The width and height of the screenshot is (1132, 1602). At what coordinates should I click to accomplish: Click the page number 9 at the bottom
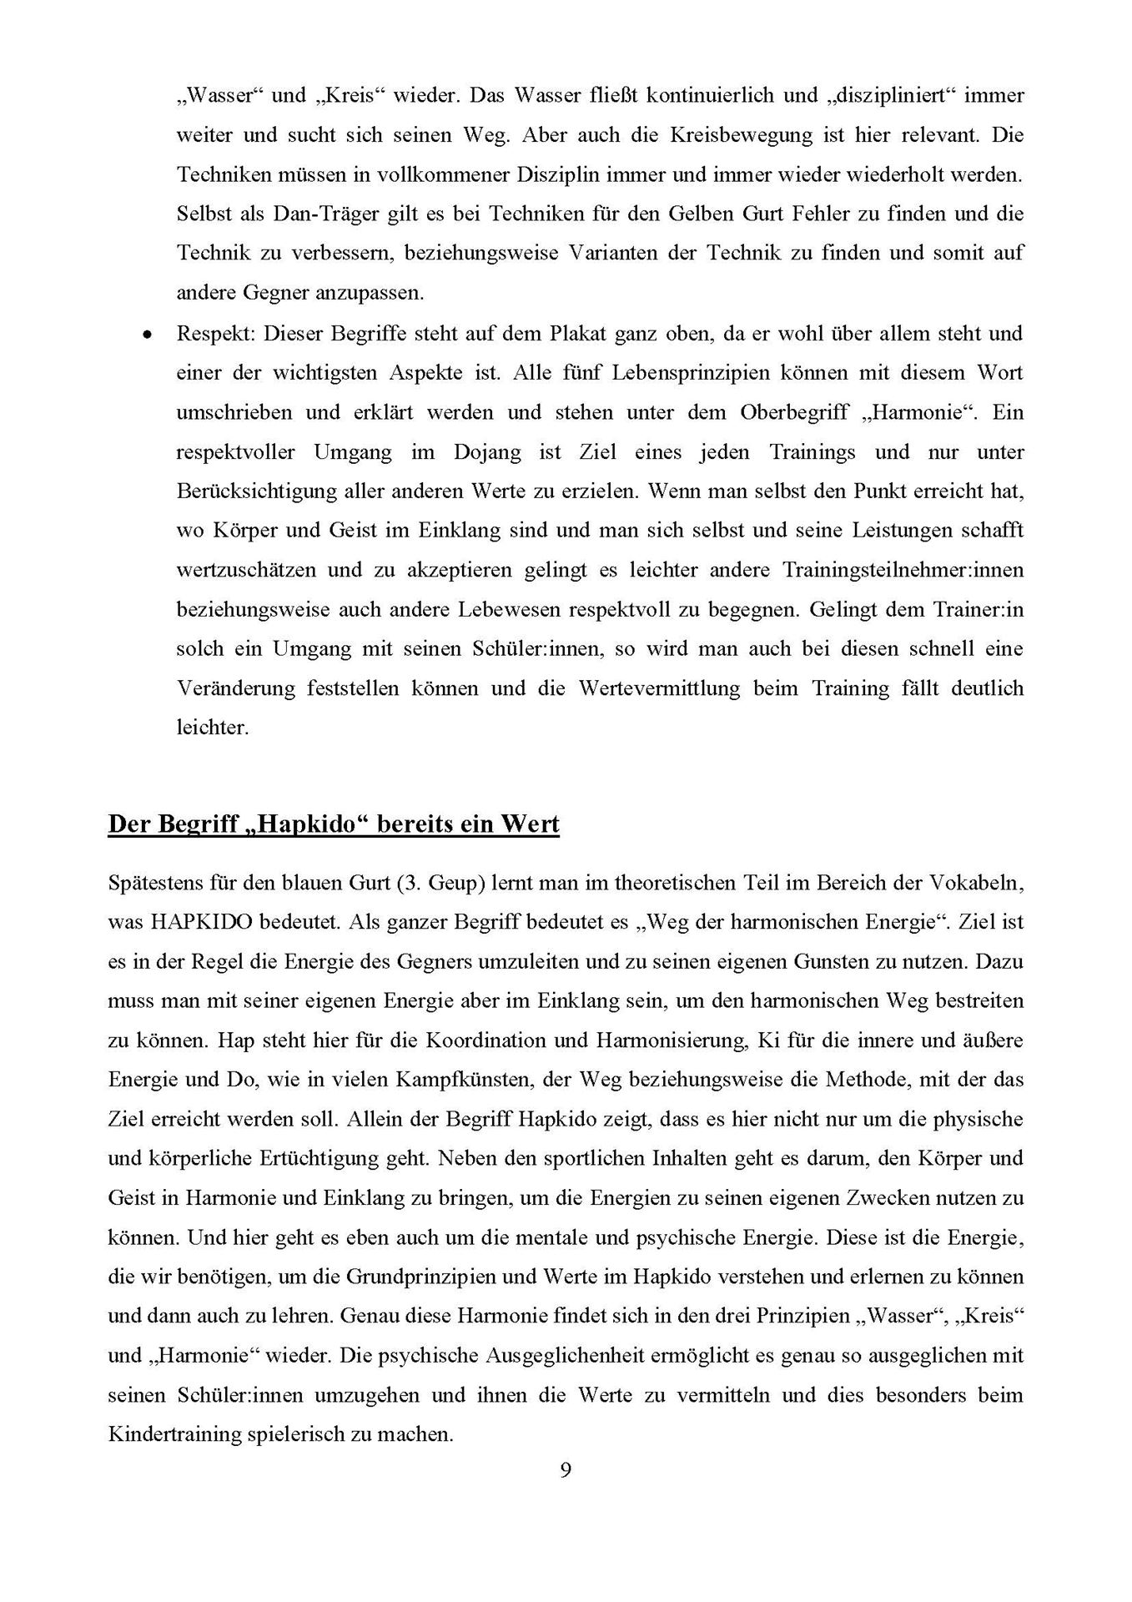(x=566, y=1494)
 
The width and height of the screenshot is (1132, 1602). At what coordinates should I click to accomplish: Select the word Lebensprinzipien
(x=672, y=373)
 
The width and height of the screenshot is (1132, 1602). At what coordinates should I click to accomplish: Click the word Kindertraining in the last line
(x=164, y=1435)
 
